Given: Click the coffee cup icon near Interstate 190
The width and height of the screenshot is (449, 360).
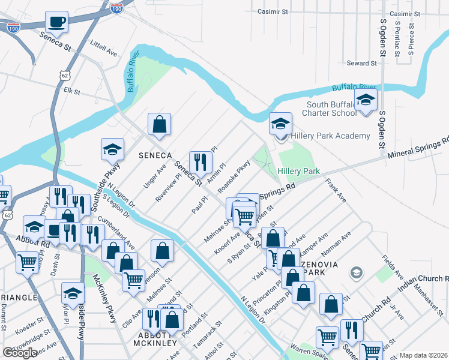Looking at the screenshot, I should (x=57, y=22).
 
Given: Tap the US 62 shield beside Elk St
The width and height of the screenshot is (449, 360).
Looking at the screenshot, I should (x=64, y=74).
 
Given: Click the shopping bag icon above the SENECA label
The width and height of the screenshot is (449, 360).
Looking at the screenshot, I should (x=160, y=124).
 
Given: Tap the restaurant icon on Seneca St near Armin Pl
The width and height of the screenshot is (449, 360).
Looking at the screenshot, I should (x=200, y=161).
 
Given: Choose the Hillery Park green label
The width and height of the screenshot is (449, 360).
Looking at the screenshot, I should (x=298, y=171).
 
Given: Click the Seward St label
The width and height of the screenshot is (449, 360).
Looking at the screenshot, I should (x=361, y=63).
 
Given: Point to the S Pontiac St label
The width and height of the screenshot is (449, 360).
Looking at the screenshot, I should (x=397, y=39).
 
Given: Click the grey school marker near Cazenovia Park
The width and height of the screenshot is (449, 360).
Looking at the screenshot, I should (x=357, y=274).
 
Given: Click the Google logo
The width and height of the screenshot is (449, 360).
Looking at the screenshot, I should (x=20, y=353).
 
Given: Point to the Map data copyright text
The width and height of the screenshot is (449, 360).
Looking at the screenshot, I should (x=423, y=355).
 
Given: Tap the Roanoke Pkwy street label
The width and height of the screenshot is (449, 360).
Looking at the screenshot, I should (x=234, y=176).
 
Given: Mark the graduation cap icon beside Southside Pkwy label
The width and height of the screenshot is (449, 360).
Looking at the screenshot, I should (x=112, y=149).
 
